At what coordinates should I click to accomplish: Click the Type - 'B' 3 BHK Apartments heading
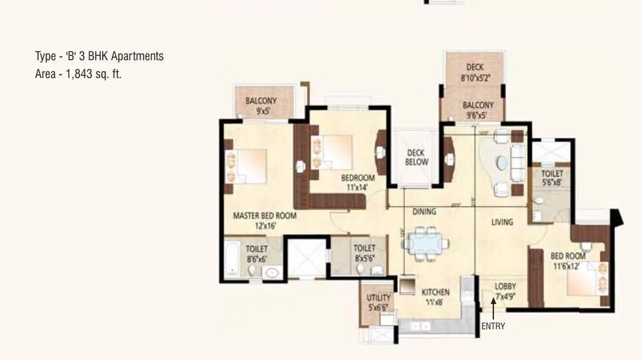tap(100, 57)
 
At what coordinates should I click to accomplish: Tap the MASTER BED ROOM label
tap(264, 216)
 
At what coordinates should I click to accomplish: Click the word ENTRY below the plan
tap(493, 326)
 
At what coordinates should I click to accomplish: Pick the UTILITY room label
tap(378, 298)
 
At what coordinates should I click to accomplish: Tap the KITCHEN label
tap(435, 292)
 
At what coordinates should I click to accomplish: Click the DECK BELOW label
tap(416, 157)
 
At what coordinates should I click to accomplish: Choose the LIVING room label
tap(502, 222)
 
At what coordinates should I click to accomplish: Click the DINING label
tap(423, 211)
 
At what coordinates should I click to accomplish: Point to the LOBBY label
tap(506, 287)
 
